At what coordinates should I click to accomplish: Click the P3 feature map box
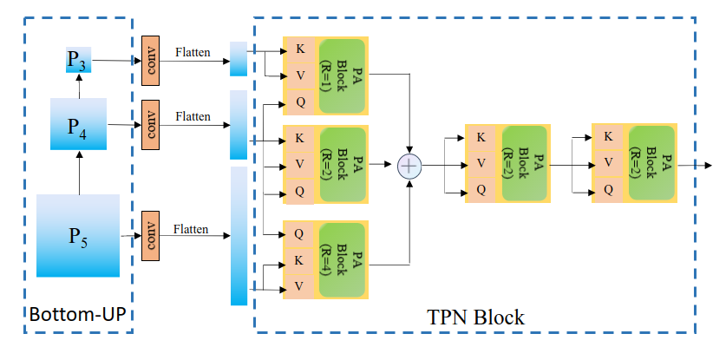(79, 59)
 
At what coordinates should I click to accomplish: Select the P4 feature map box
(79, 124)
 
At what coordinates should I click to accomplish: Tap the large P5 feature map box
(78, 236)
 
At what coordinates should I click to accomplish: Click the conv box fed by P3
(150, 60)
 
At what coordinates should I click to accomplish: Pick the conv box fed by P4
(150, 125)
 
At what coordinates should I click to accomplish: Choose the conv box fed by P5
(150, 236)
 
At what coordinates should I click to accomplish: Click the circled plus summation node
(409, 166)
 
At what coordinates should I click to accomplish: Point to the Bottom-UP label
(77, 314)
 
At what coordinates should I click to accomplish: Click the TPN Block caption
(475, 317)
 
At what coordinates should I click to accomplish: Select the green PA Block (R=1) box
(342, 75)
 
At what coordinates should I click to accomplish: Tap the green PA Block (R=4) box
(342, 260)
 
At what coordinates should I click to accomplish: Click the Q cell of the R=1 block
(300, 101)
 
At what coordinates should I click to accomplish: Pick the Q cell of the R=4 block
(299, 234)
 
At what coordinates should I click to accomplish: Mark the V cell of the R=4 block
(299, 287)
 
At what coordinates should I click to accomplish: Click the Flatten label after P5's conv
(191, 229)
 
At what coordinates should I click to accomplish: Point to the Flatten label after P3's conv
(193, 52)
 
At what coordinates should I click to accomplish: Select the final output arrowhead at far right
(708, 166)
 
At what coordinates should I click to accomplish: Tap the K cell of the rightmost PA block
(609, 136)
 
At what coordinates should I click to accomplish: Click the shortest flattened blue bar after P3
(239, 59)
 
